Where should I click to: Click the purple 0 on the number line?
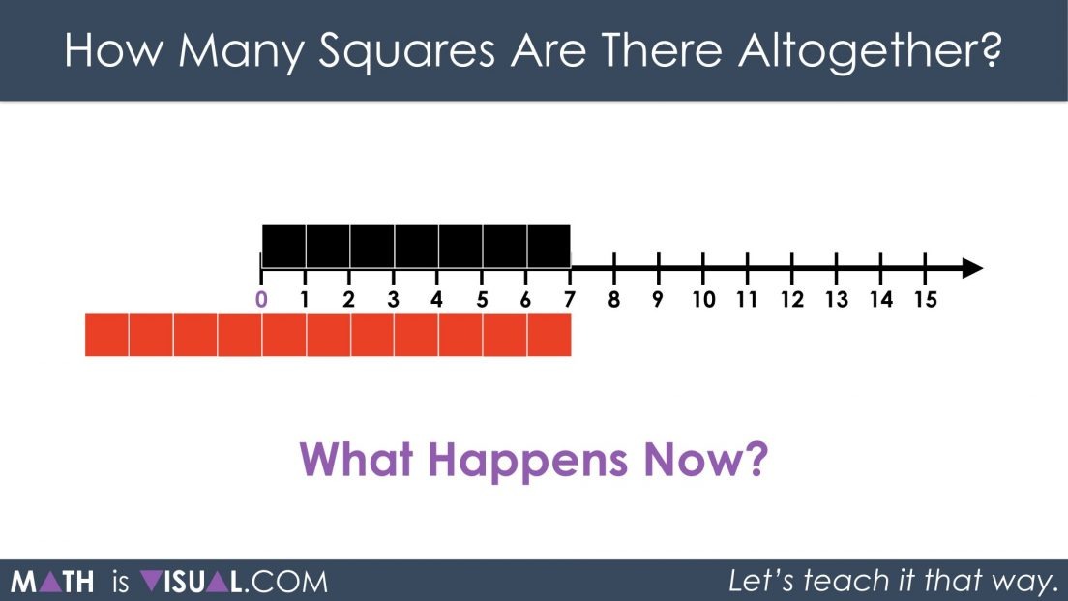point(260,300)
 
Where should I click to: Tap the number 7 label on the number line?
point(570,300)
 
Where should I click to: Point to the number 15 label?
point(925,300)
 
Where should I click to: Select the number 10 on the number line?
point(703,300)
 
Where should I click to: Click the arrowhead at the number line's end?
point(972,268)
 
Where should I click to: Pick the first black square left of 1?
point(284,246)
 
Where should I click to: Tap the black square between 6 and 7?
point(549,246)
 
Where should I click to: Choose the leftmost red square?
point(107,334)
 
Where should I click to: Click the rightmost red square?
point(549,334)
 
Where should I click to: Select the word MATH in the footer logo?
point(52,582)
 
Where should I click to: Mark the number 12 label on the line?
point(792,300)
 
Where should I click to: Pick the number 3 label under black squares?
point(393,300)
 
